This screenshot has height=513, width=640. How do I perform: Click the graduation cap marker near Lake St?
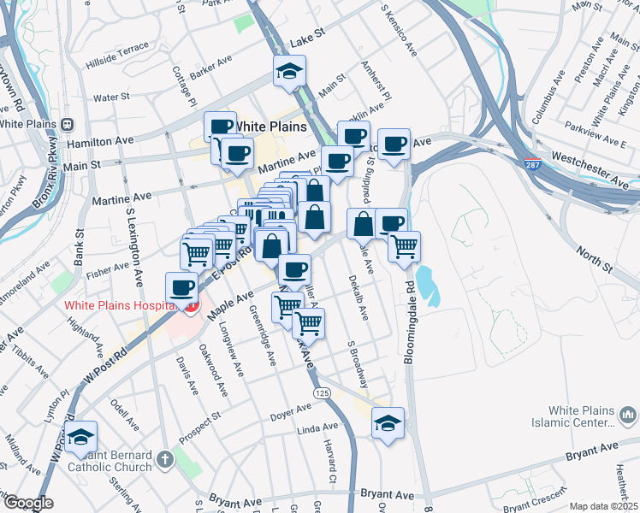[x=290, y=72]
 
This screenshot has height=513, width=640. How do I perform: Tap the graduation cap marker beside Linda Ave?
[x=388, y=423]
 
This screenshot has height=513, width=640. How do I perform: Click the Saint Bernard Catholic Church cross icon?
[x=165, y=462]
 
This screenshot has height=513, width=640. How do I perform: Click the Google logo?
[x=27, y=503]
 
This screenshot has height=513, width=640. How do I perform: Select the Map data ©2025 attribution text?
[x=602, y=505]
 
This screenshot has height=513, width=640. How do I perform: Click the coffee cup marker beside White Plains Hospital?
[x=181, y=288]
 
